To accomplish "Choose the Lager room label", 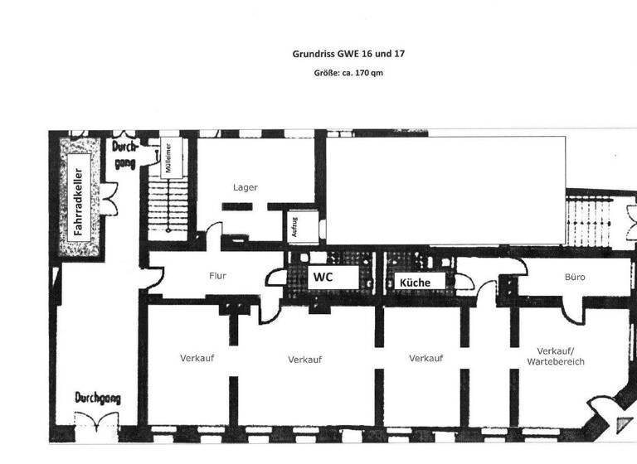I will click(x=245, y=187).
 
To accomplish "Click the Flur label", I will click(x=218, y=276).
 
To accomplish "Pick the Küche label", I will click(x=415, y=283).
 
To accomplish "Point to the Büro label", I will click(x=574, y=277).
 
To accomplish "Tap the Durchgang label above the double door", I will click(x=98, y=398).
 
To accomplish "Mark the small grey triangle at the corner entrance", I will click(x=623, y=425).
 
